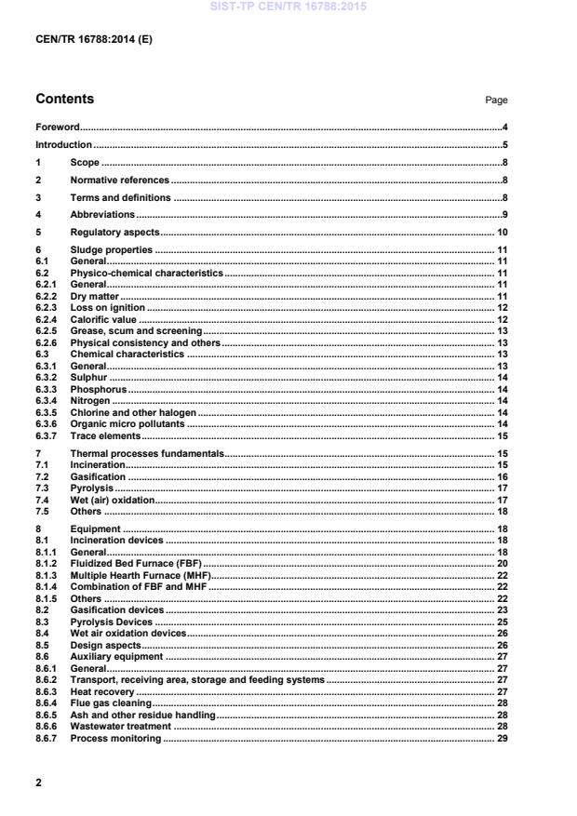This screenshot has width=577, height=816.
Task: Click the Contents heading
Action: (64, 99)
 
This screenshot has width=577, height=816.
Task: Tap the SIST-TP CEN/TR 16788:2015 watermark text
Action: (288, 7)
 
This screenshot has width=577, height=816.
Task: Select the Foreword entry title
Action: (57, 127)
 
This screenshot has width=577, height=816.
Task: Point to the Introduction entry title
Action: (63, 144)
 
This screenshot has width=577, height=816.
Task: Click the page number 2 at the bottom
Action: (38, 783)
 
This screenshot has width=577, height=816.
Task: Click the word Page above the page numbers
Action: (496, 100)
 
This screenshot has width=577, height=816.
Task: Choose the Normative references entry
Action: (120, 180)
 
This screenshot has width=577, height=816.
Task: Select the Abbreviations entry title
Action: (102, 215)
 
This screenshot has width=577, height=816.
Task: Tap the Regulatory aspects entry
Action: (115, 232)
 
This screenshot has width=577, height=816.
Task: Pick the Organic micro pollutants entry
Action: (128, 423)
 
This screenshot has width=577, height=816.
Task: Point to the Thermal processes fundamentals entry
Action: (147, 453)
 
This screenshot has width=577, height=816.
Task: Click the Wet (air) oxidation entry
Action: (112, 500)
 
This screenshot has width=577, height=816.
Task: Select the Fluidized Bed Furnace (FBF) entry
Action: (136, 564)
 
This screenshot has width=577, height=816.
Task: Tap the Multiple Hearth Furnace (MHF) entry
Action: (141, 576)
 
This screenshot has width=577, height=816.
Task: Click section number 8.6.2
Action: (47, 680)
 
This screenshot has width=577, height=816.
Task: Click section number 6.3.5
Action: (47, 412)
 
